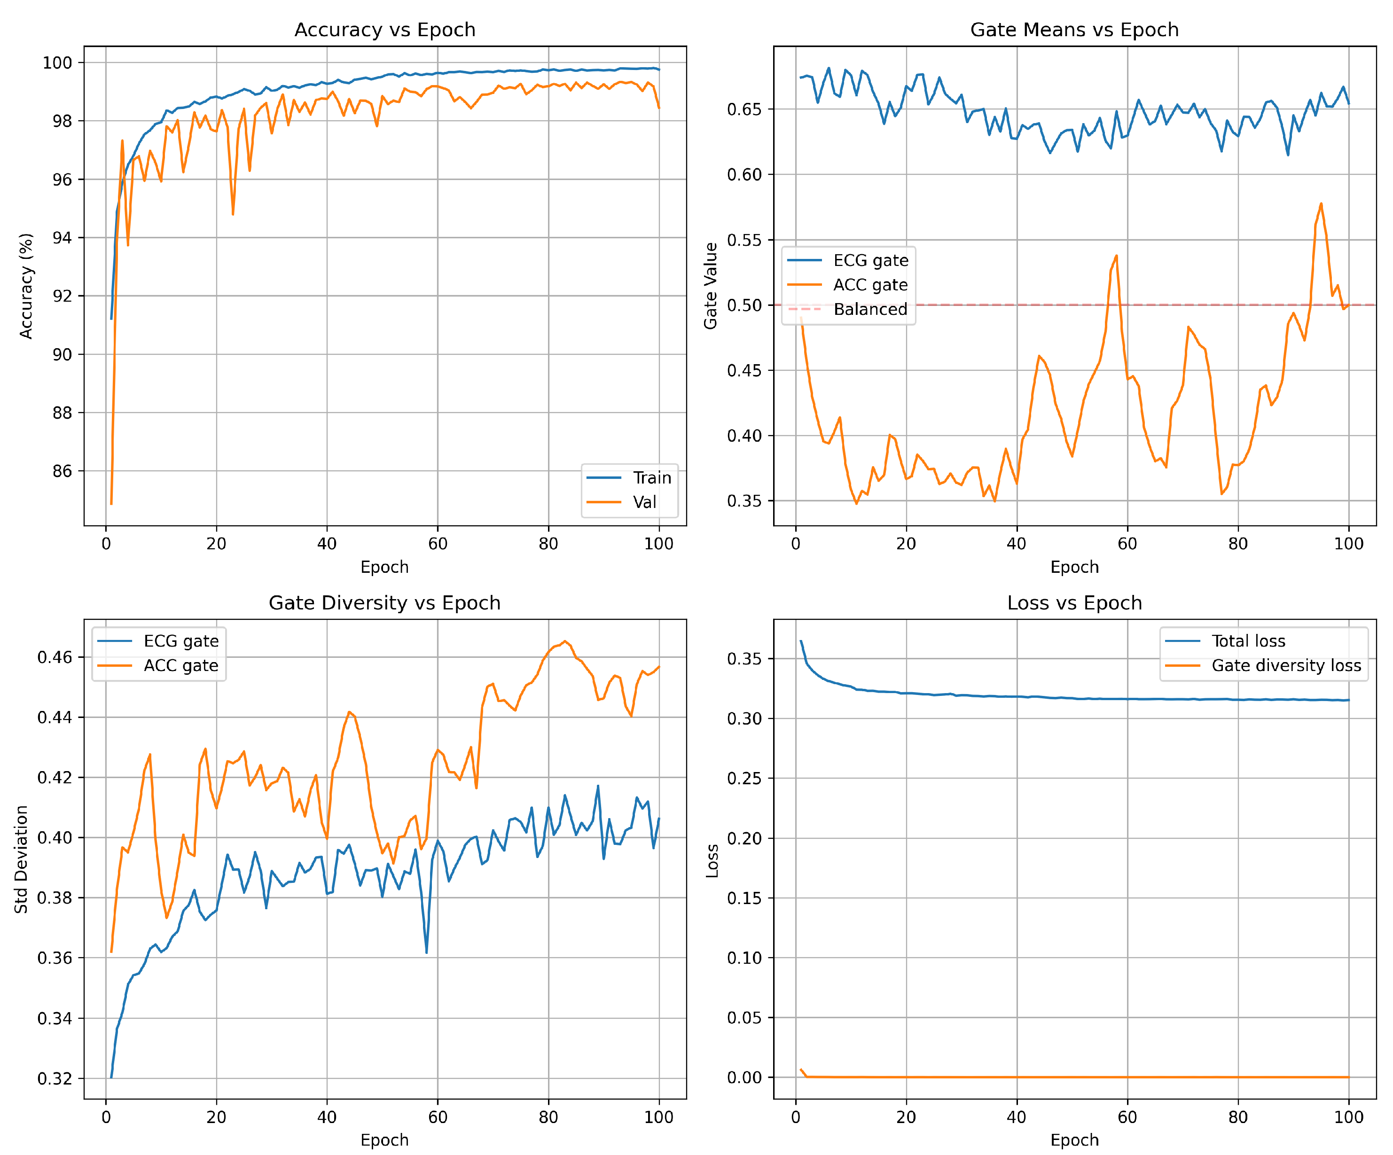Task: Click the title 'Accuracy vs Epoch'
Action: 385,30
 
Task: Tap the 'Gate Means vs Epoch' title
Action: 1074,30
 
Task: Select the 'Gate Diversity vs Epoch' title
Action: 385,603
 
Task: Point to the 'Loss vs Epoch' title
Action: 1074,603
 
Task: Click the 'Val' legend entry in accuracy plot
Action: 644,502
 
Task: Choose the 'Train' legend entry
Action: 651,478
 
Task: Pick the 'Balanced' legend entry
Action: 869,309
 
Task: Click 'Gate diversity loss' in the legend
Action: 1285,665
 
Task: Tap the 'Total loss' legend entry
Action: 1248,641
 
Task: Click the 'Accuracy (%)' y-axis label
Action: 26,286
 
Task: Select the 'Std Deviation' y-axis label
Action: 21,859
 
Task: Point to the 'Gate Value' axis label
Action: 711,286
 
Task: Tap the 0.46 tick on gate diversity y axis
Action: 55,657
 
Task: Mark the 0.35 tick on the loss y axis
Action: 744,659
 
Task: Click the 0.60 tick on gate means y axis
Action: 744,174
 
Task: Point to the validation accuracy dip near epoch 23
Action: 233,214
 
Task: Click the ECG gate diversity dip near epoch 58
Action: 427,952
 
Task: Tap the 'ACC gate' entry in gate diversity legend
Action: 180,665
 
